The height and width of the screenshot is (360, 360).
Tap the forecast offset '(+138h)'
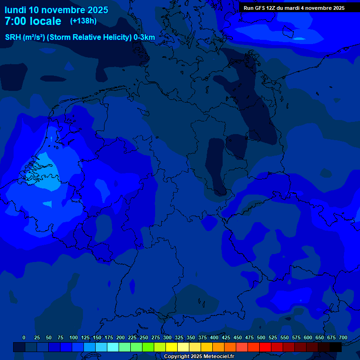tap(83, 21)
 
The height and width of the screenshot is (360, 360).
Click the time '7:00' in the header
tap(15, 21)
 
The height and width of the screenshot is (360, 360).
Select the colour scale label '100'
tap(74, 337)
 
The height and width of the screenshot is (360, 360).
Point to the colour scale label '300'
tap(167, 337)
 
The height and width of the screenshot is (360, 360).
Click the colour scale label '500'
tap(261, 337)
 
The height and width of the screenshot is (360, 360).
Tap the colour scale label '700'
tap(343, 337)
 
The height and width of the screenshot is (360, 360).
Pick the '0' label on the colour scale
tap(24, 337)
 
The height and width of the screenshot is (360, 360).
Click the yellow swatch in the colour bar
tap(172, 347)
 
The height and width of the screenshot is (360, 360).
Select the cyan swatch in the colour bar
tap(113, 347)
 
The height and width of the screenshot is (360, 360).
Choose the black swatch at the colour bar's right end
tap(336, 347)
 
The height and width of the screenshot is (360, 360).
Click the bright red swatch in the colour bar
tap(265, 347)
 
